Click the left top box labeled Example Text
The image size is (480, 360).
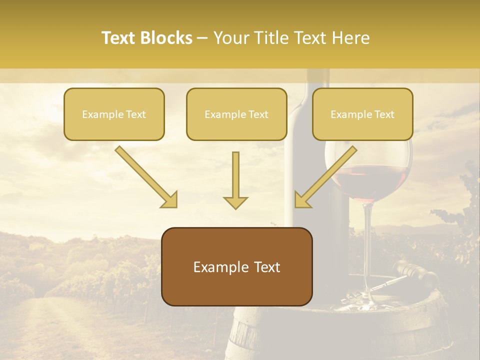114,114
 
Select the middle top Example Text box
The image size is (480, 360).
236,114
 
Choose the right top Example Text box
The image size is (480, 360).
362,114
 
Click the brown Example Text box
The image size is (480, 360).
236,266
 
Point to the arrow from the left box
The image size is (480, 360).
145,176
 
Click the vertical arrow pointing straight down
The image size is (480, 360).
235,180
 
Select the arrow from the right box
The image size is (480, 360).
326,176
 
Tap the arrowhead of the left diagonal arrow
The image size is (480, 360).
170,200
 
